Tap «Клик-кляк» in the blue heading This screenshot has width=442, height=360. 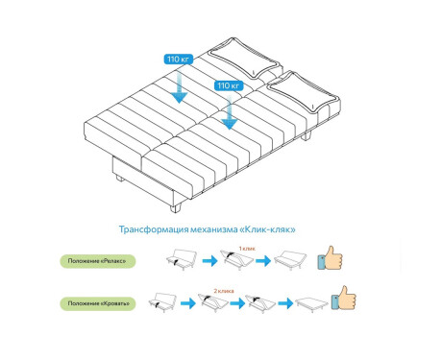pos(268,229)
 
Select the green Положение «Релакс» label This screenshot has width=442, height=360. pos(98,261)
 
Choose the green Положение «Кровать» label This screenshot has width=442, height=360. pos(98,303)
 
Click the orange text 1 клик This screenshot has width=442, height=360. pos(247,249)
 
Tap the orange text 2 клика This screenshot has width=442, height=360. pos(224,291)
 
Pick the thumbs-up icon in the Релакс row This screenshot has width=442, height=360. pos(330,258)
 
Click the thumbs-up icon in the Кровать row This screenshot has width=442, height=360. pos(343,298)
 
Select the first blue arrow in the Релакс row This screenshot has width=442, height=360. pos(209,261)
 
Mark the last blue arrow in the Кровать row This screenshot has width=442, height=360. pos(285,303)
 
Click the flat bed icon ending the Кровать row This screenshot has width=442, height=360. pos(311,304)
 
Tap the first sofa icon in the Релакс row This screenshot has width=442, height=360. pos(182,259)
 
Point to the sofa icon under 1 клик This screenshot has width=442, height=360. pos(237,260)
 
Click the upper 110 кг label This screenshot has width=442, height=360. pos(178,60)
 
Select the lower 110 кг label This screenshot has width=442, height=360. pos(229,85)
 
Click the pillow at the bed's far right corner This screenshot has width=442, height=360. pos(304,92)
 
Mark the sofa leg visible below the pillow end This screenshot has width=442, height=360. pos(307,135)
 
